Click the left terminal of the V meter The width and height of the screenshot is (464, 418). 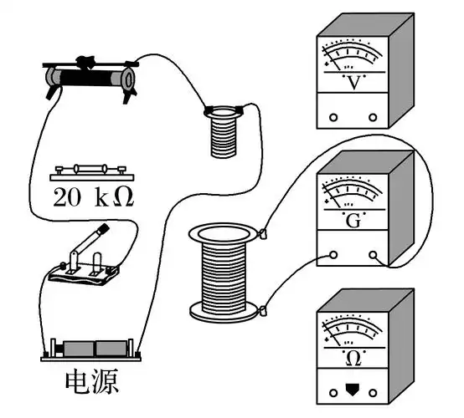pyautogui.click(x=333, y=117)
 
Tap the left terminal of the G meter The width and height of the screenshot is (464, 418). pyautogui.click(x=333, y=255)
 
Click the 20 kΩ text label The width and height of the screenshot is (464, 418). pyautogui.click(x=93, y=199)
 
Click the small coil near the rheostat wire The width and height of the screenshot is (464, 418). pyautogui.click(x=222, y=130)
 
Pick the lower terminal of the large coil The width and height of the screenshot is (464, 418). pyautogui.click(x=263, y=312)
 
